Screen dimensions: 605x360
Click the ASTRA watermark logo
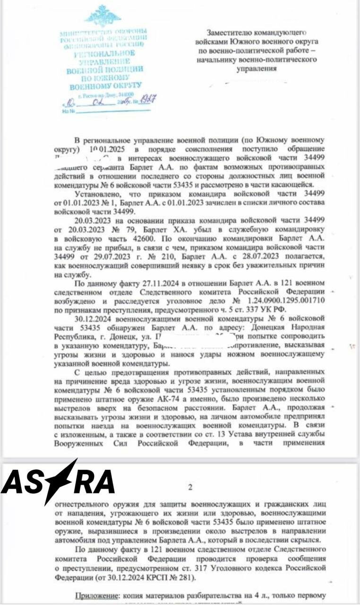tap(58, 482)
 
